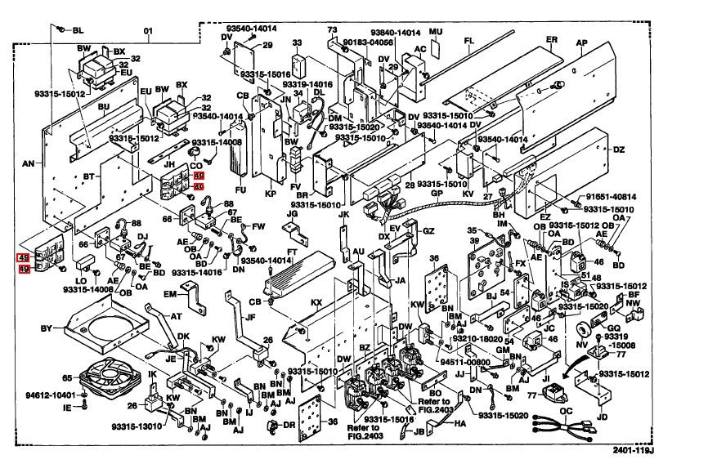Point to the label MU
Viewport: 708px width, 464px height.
[x=435, y=32]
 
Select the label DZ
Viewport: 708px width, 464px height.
[x=618, y=149]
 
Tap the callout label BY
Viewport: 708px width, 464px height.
[x=46, y=328]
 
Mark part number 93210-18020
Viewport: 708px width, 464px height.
[x=472, y=337]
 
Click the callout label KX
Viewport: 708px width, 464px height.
[x=316, y=302]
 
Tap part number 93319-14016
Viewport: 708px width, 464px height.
[x=307, y=84]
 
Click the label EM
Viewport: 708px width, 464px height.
[x=170, y=293]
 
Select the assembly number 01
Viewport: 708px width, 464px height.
[x=149, y=33]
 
